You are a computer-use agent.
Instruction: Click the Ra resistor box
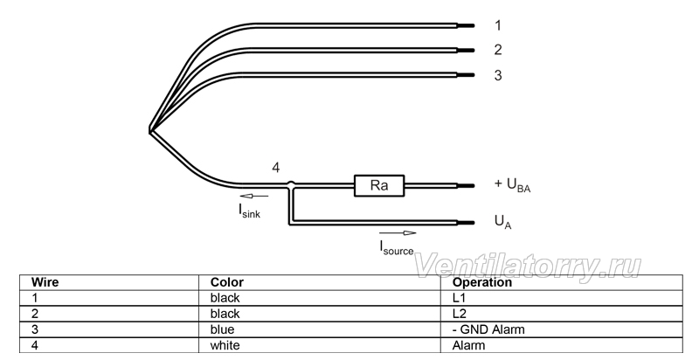pyautogui.click(x=379, y=185)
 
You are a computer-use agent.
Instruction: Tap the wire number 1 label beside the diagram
pyautogui.click(x=498, y=25)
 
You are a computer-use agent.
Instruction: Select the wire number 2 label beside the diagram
pyautogui.click(x=498, y=50)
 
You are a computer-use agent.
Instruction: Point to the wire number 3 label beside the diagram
pyautogui.click(x=498, y=75)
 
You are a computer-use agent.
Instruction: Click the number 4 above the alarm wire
pyautogui.click(x=276, y=168)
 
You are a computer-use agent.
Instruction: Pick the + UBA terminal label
pyautogui.click(x=512, y=184)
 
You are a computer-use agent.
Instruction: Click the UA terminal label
pyautogui.click(x=503, y=222)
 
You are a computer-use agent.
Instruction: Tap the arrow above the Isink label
pyautogui.click(x=254, y=196)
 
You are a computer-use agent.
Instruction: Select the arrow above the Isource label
pyautogui.click(x=398, y=232)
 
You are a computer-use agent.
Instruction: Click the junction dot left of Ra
pyautogui.click(x=291, y=183)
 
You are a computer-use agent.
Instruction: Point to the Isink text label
pyautogui.click(x=249, y=211)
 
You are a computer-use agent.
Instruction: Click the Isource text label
pyautogui.click(x=397, y=248)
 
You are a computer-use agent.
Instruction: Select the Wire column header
pyautogui.click(x=45, y=282)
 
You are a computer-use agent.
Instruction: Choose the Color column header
pyautogui.click(x=227, y=282)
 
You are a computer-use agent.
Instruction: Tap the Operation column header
pyautogui.click(x=482, y=282)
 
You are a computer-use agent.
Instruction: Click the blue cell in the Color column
pyautogui.click(x=222, y=329)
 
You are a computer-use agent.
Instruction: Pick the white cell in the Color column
pyautogui.click(x=225, y=345)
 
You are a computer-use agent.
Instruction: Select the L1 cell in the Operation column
pyautogui.click(x=459, y=298)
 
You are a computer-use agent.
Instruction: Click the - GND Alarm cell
pyautogui.click(x=488, y=329)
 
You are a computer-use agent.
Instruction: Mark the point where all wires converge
pyautogui.click(x=149, y=130)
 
